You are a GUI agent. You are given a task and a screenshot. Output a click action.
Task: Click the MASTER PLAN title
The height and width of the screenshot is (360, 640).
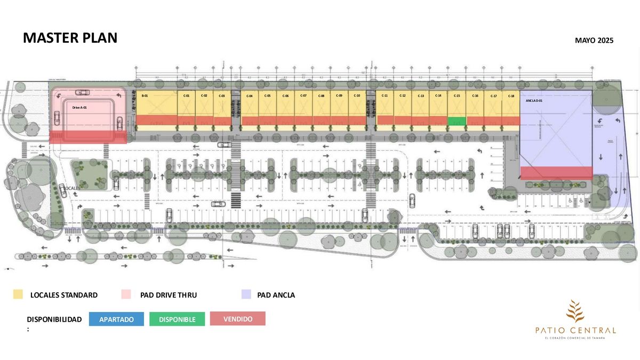70,38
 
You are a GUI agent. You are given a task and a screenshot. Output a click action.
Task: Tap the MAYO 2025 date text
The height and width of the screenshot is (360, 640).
594,41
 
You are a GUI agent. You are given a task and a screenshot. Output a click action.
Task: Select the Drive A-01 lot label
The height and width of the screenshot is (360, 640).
79,107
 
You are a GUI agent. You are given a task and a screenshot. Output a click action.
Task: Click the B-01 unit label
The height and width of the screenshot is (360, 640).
145,95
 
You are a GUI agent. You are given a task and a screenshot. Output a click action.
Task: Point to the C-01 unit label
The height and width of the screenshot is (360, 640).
187,95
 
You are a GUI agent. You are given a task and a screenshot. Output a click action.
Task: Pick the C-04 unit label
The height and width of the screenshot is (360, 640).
249,96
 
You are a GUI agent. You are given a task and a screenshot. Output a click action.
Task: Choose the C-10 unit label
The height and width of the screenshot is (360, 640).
357,95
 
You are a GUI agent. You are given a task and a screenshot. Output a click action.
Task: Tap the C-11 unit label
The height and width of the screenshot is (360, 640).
385,95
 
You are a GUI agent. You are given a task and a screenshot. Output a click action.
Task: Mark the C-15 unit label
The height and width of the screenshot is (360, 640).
457,95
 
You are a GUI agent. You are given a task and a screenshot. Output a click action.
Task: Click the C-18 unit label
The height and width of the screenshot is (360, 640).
511,96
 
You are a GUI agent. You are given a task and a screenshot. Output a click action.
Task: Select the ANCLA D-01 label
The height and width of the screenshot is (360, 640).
534,100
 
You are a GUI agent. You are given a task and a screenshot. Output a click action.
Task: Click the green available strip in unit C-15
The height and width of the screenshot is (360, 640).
457,121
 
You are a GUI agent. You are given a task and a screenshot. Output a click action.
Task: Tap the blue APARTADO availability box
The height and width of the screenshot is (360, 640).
116,319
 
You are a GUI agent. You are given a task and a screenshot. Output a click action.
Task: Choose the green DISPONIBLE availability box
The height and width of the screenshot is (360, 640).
177,319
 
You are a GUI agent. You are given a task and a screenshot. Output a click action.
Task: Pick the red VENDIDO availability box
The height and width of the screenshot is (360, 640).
237,318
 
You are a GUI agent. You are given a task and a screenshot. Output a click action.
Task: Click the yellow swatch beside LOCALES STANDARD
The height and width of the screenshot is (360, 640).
18,294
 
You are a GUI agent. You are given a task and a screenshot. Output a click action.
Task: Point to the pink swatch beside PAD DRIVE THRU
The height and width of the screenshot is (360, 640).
125,294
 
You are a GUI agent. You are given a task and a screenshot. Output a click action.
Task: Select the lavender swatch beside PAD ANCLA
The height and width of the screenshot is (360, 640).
246,294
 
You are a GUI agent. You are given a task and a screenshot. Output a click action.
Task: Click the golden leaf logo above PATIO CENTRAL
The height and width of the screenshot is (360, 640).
575,311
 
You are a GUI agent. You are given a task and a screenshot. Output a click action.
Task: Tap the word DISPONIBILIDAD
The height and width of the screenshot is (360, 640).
54,319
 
